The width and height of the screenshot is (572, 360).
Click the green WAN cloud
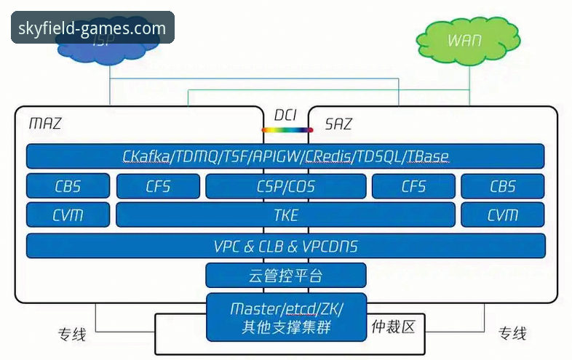(x=464, y=40)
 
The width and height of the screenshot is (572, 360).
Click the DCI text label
(x=287, y=115)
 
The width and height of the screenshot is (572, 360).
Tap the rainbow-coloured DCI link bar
(x=287, y=130)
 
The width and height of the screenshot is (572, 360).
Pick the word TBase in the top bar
(x=428, y=156)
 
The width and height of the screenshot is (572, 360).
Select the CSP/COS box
(x=285, y=186)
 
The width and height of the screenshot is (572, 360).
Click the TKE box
(x=285, y=215)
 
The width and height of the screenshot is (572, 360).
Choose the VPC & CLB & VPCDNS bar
(x=285, y=246)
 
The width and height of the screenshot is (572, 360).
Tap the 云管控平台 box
(x=285, y=276)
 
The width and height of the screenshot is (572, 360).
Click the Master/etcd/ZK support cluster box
(x=285, y=318)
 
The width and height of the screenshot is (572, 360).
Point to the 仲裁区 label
(x=393, y=327)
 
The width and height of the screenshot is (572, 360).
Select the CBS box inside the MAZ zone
(x=68, y=186)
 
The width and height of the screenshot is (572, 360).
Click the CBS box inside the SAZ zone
(x=502, y=186)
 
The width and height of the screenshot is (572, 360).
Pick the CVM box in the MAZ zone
(x=68, y=215)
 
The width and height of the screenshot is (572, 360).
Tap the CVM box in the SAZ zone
(x=502, y=215)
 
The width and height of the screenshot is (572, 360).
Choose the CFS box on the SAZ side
(x=413, y=186)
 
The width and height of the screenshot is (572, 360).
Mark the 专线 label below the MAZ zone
(x=72, y=335)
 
